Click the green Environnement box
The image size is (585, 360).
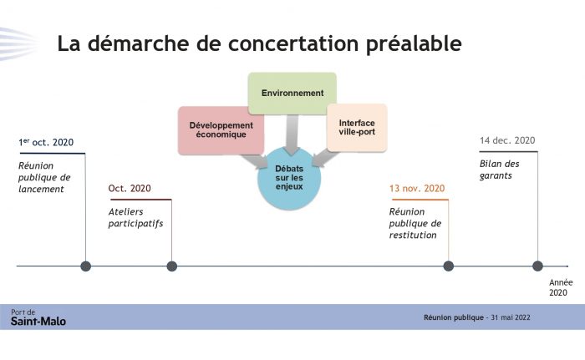[292, 94]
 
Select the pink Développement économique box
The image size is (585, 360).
[221, 130]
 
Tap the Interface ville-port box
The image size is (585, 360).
[357, 128]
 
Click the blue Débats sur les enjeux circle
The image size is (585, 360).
[289, 178]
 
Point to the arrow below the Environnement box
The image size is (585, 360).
[292, 134]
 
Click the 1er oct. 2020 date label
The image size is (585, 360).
[46, 142]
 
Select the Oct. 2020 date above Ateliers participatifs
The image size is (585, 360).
[130, 188]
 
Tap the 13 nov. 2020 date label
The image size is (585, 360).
[417, 188]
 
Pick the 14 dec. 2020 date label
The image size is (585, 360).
[507, 140]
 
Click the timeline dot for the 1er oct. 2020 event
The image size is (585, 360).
[86, 266]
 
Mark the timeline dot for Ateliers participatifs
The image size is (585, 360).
[171, 266]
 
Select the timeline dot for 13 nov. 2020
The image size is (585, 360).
[449, 266]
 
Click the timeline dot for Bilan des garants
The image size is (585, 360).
[537, 266]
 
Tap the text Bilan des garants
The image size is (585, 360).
[499, 170]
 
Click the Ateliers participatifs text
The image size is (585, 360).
[135, 217]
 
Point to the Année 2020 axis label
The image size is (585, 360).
[561, 287]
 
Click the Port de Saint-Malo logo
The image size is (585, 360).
[38, 317]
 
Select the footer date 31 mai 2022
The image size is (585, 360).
[511, 317]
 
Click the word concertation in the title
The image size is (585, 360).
[293, 43]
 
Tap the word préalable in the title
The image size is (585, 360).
[414, 44]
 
